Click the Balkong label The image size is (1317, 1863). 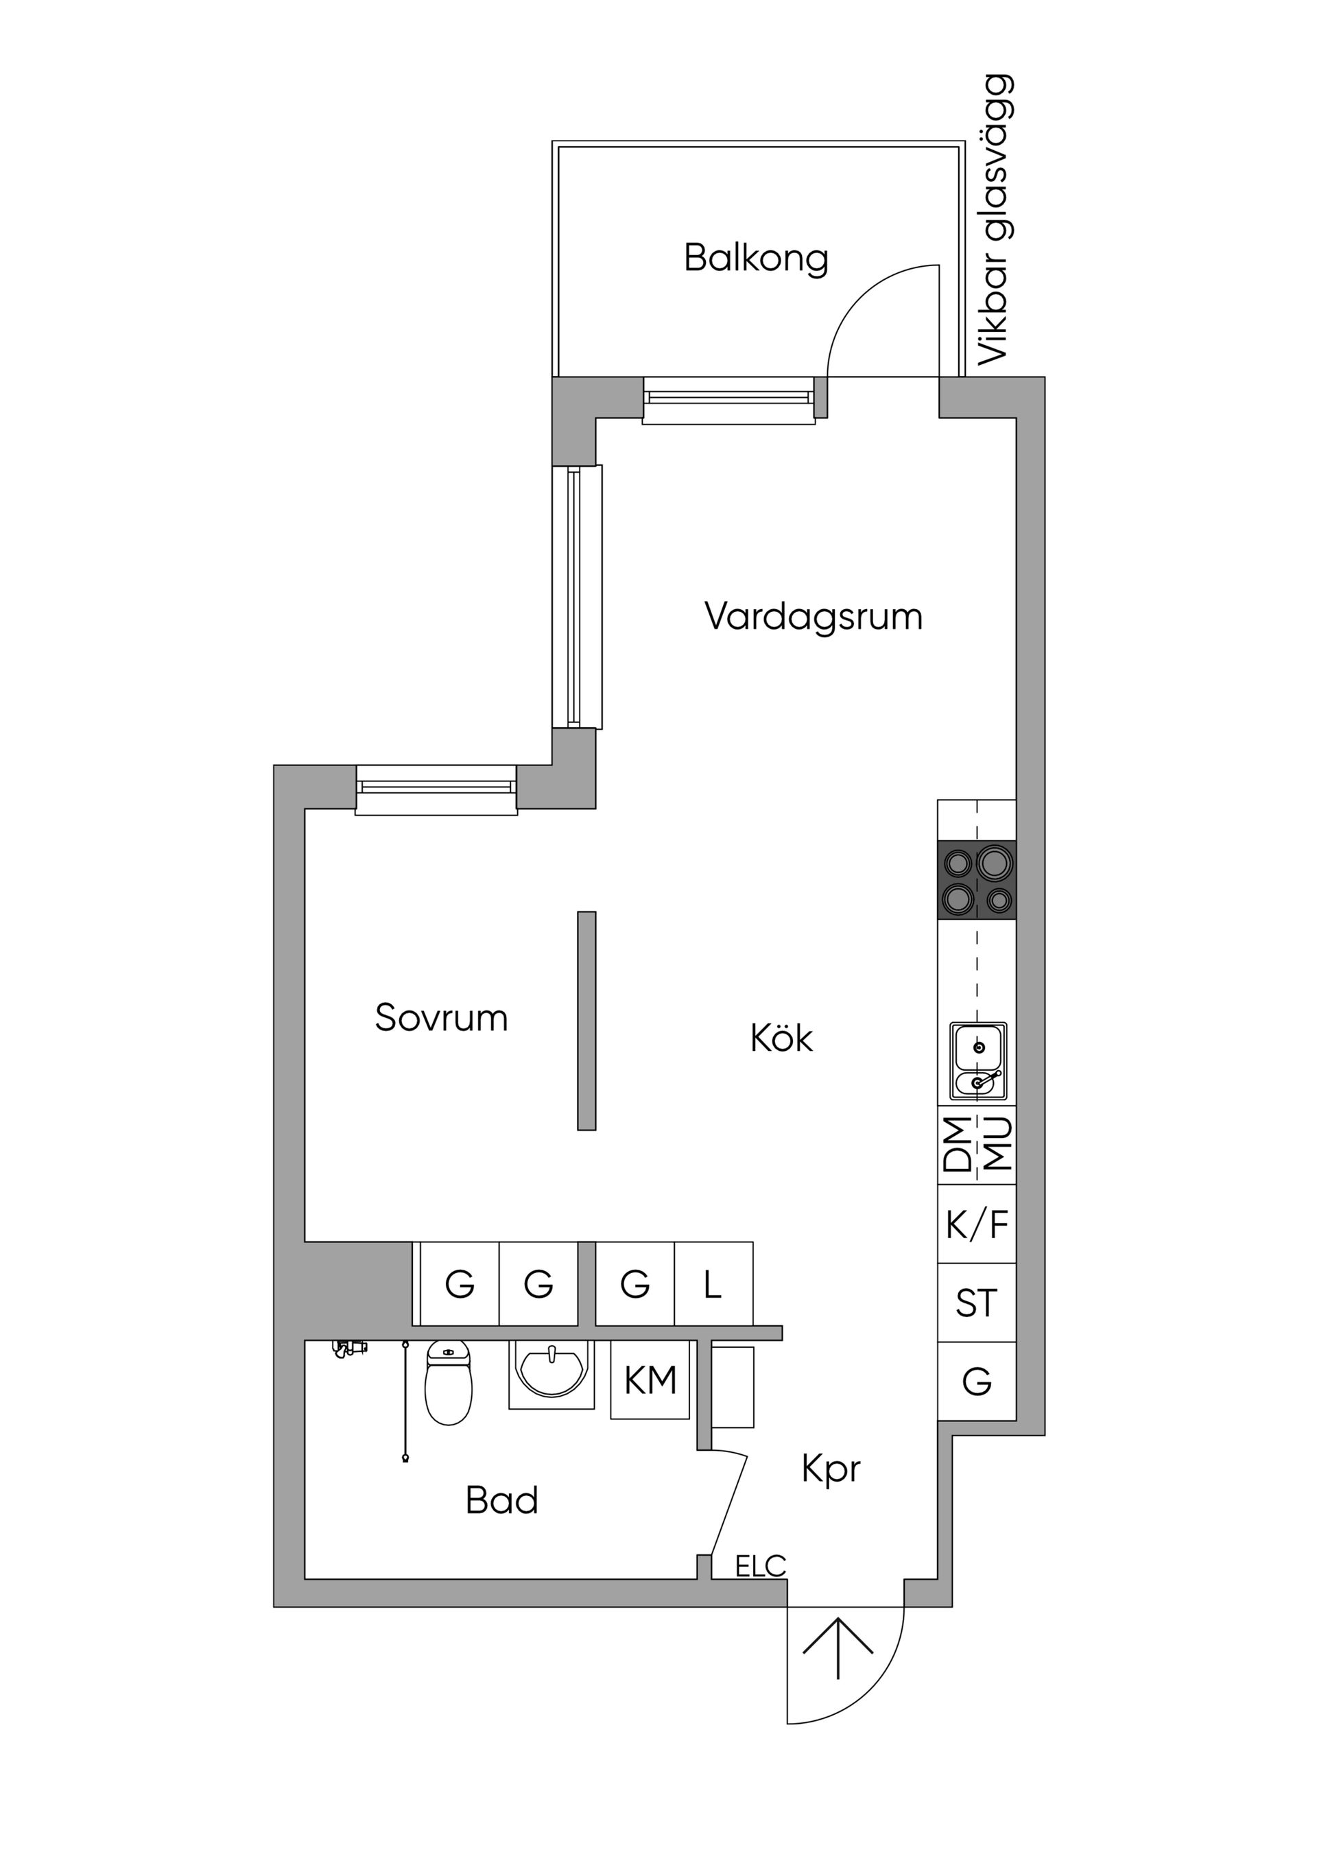[x=755, y=258]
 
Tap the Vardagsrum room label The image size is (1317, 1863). [x=813, y=617]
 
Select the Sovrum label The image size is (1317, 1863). [x=440, y=1017]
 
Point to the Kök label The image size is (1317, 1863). [x=781, y=1038]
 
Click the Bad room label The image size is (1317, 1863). [x=501, y=1500]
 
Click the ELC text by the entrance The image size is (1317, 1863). [x=760, y=1566]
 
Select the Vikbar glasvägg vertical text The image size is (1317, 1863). [x=995, y=221]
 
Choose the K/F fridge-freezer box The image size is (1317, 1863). [x=976, y=1224]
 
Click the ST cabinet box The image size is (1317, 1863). [x=976, y=1303]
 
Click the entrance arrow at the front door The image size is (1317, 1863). [x=838, y=1647]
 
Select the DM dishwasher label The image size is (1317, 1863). [x=958, y=1145]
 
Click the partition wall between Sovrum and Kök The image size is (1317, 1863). [x=586, y=1021]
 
